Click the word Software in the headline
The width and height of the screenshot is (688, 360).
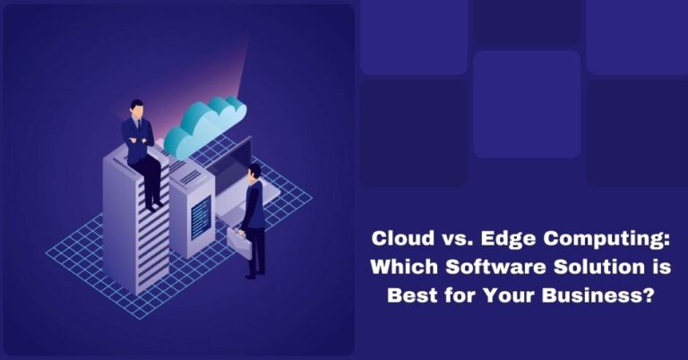click(x=477, y=268)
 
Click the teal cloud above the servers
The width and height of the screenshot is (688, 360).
click(x=204, y=125)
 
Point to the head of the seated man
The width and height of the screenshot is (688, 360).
click(x=137, y=108)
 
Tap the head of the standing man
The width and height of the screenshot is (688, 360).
click(x=254, y=171)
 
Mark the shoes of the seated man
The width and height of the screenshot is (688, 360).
click(x=158, y=205)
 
